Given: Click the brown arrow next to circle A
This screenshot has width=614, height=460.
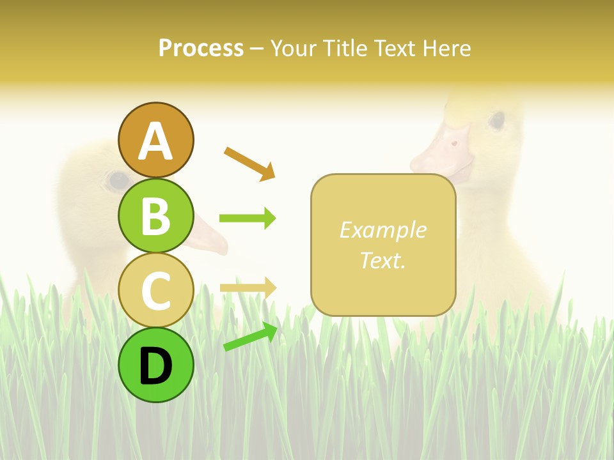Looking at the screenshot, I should tap(249, 163).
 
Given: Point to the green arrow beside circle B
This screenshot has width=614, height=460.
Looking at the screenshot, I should tap(248, 218).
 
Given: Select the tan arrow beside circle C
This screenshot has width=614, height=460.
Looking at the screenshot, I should tap(248, 287).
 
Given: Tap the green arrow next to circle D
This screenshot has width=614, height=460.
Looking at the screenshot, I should tap(250, 337).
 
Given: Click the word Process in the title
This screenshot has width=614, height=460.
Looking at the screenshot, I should tap(201, 49).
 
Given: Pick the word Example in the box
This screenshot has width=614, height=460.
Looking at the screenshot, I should tap(383, 230).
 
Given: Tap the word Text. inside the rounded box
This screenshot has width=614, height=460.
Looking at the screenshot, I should tap(383, 260).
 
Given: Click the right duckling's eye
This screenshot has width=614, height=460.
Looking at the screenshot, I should tap(496, 119).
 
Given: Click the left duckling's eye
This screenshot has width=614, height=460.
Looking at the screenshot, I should tap(117, 180).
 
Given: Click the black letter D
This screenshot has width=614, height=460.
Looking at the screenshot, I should tap(155, 367).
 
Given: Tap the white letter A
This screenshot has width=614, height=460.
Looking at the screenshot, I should tap(155, 141).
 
